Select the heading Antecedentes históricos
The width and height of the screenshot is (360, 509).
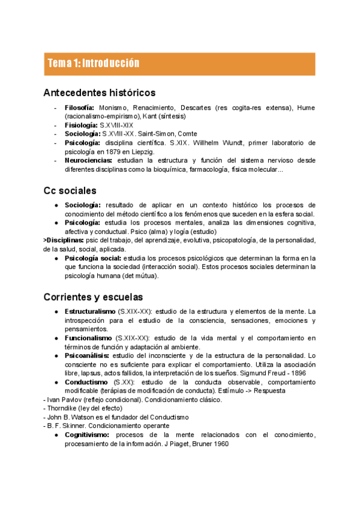[100, 92]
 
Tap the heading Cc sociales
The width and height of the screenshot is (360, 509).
[70, 190]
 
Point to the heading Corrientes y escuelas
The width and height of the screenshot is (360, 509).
[93, 297]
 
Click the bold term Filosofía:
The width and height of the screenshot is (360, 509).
[80, 107]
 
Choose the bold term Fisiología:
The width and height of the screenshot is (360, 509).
[81, 125]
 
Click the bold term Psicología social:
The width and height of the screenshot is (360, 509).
[92, 258]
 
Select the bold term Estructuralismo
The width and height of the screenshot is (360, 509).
[90, 311]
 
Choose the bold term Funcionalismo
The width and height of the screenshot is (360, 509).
[88, 338]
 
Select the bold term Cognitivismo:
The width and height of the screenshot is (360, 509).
[89, 435]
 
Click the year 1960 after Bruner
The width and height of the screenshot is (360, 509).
[218, 444]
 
